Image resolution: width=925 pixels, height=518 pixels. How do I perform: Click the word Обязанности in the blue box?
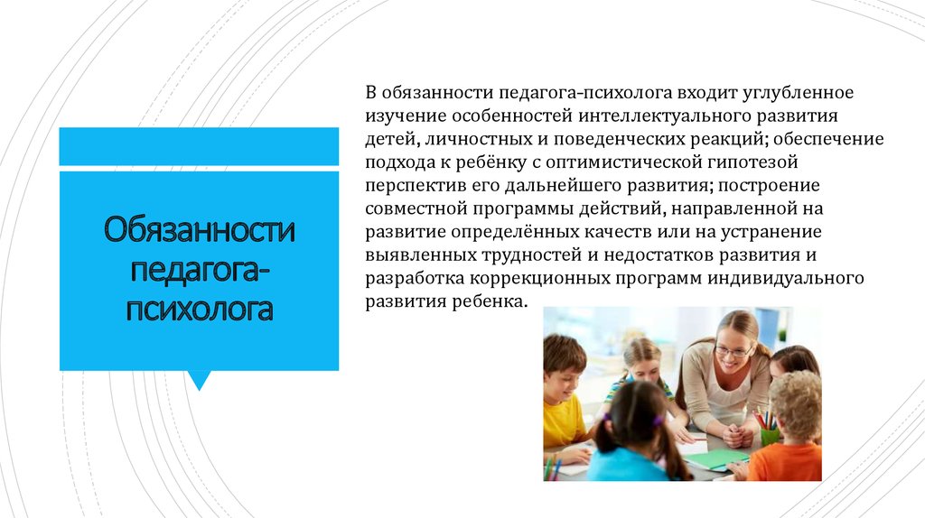199,229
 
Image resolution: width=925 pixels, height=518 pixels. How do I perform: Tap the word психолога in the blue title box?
199,309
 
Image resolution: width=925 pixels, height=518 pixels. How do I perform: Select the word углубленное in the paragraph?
798,93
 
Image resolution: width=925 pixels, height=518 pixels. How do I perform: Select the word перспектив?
416,186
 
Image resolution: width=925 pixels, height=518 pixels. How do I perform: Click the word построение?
769,185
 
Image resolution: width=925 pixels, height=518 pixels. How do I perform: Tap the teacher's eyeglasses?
733,352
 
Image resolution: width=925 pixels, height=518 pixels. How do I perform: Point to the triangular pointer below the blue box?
199,380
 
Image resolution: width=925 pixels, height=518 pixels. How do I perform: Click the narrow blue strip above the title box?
199,146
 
